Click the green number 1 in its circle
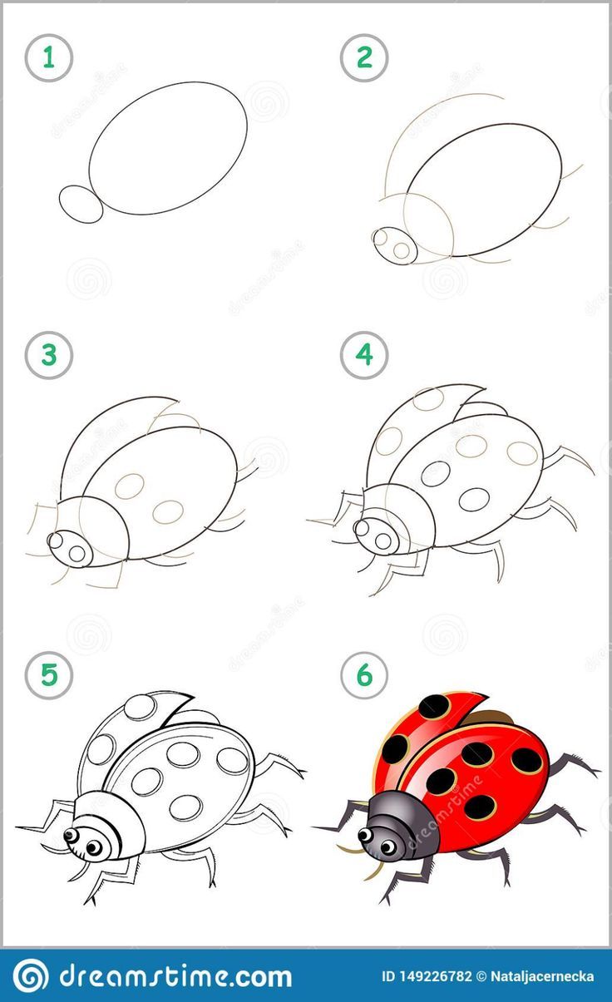49,58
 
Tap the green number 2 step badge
363,58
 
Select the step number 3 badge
49,356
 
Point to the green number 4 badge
363,356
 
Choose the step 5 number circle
49,675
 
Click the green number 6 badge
363,675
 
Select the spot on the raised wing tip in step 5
141,707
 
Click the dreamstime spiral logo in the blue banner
31,975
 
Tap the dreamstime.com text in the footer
175,975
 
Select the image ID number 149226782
427,976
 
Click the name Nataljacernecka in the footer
543,976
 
